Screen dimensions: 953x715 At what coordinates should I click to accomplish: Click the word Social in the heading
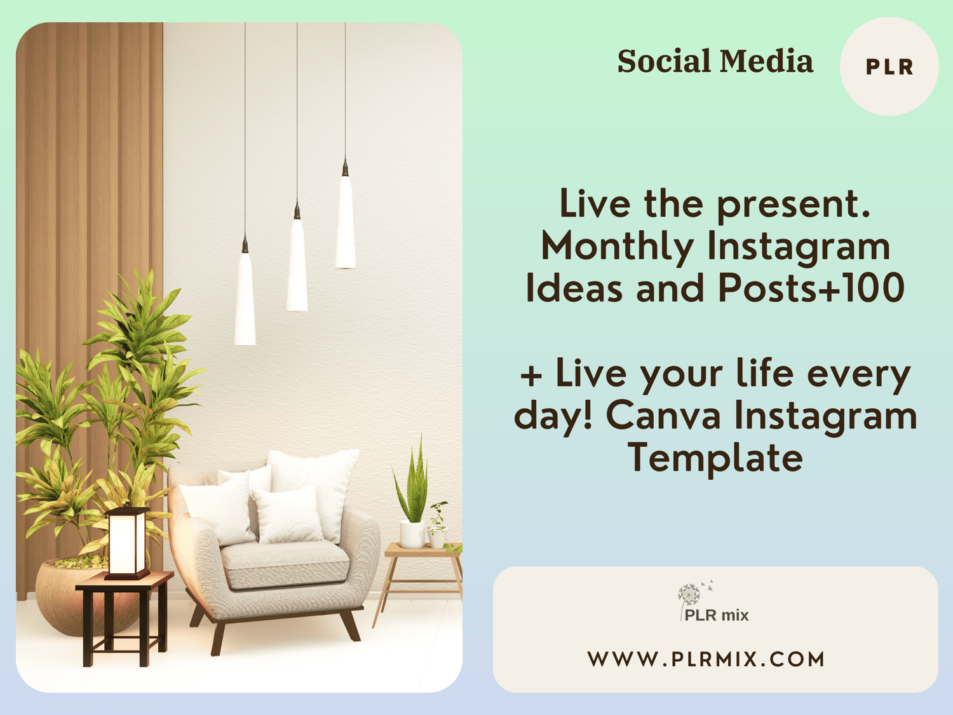[665, 61]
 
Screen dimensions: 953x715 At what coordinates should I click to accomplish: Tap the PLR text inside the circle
[889, 67]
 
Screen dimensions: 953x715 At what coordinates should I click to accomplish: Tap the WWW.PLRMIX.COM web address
[706, 659]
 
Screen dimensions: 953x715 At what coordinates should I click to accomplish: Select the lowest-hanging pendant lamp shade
[245, 299]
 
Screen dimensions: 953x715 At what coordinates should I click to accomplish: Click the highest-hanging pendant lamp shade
[346, 222]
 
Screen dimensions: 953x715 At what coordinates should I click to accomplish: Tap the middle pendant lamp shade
[297, 265]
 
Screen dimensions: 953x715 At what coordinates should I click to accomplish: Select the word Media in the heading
[767, 61]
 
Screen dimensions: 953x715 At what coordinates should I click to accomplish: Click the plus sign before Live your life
[531, 376]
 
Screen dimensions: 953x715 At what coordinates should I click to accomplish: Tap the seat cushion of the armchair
[285, 564]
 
